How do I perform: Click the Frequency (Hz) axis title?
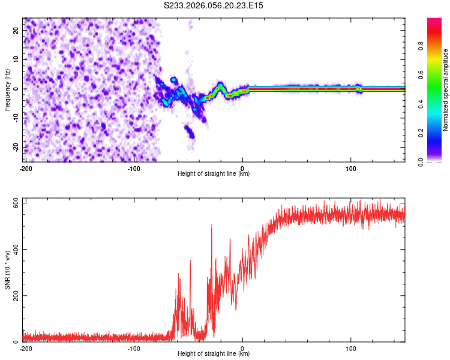coord(7,89)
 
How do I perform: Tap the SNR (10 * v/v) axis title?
coord(7,270)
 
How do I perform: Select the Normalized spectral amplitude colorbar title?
coord(446,90)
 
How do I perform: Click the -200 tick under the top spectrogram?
coord(26,168)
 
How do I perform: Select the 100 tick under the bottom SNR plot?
coord(351,348)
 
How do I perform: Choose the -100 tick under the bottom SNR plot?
coord(134,348)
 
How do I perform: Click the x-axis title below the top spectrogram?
coord(214,174)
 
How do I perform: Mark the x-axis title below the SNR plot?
coord(214,354)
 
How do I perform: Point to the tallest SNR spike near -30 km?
coord(212,225)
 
